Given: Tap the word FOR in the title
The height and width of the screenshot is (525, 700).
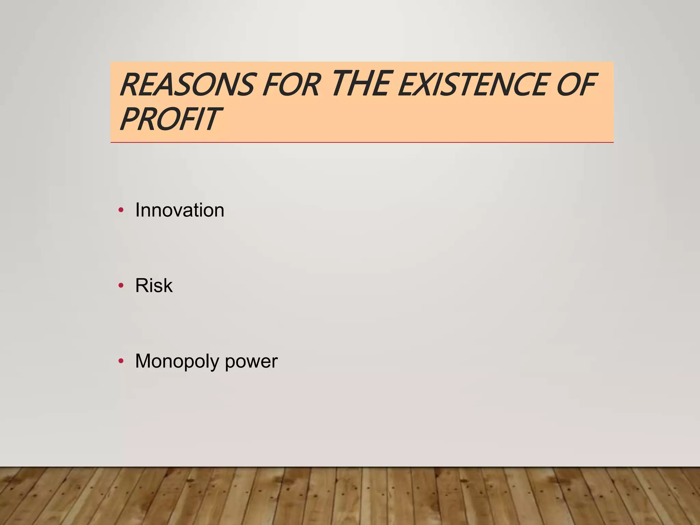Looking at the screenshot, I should click(x=291, y=84).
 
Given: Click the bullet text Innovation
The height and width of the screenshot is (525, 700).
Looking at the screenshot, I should click(x=180, y=210).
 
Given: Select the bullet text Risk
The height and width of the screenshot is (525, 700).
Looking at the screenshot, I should click(x=154, y=285).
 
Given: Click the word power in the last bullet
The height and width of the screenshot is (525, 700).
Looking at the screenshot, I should click(x=251, y=361).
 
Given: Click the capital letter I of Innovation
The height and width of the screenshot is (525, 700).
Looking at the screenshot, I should click(x=138, y=210).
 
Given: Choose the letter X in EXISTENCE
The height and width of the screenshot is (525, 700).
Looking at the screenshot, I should click(x=423, y=84).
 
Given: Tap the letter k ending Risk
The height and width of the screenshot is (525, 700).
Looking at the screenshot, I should click(x=168, y=285).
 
